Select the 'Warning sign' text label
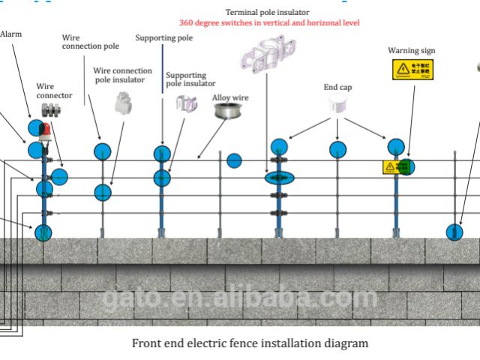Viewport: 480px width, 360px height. [x=411, y=51]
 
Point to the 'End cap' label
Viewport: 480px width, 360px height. [x=337, y=88]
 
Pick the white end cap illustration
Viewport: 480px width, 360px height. [x=340, y=107]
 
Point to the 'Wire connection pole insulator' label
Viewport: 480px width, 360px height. [x=122, y=75]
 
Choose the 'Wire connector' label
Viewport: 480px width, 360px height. [x=55, y=91]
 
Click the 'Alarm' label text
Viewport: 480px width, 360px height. [x=10, y=34]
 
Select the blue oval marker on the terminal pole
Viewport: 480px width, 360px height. [x=278, y=178]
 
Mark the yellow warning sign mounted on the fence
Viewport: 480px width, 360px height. [x=394, y=166]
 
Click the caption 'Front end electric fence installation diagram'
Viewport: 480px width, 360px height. [x=250, y=344]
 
